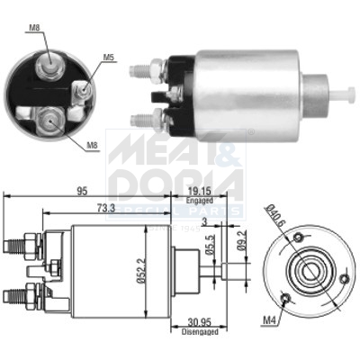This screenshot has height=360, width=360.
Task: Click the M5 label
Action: [x=108, y=59]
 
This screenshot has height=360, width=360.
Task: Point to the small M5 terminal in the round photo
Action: [x=81, y=88]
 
